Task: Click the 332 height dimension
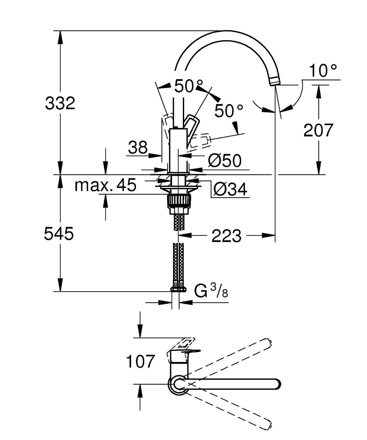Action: tap(60, 103)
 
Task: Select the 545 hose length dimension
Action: tap(59, 234)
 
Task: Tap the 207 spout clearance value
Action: tap(318, 130)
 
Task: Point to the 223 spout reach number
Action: tap(226, 236)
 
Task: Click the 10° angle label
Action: tap(323, 71)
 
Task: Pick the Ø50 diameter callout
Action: tap(225, 160)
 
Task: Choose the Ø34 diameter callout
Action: tap(230, 189)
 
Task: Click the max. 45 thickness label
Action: tap(105, 185)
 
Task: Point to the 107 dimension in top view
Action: tap(140, 361)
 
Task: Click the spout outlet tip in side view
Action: tap(275, 81)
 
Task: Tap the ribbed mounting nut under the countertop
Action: tap(179, 200)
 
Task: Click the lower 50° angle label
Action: tap(229, 111)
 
